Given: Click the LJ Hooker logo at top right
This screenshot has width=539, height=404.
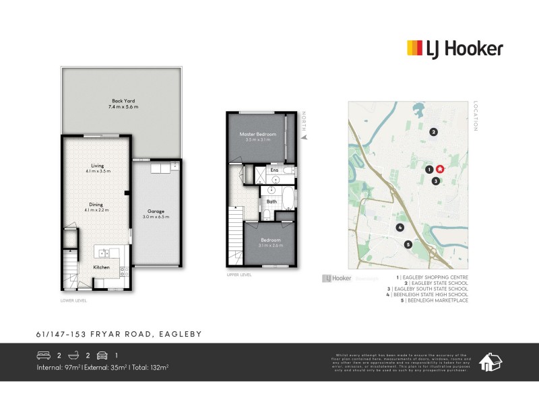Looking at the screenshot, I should click(455, 48).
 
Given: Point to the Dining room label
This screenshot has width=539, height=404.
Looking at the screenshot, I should click(97, 207).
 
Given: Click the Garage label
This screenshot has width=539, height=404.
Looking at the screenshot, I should click(156, 213).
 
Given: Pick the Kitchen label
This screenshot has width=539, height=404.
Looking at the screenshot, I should click(101, 267).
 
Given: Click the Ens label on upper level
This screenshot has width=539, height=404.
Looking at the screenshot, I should click(274, 170).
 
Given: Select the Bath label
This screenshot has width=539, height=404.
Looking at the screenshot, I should click(272, 201).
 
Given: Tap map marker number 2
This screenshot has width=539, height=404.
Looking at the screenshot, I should click(434, 132).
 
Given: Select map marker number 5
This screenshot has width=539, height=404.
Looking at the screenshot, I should click(408, 244).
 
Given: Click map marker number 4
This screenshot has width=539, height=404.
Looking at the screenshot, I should click(400, 228).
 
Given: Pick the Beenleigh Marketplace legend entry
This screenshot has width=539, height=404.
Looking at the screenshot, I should click(435, 300).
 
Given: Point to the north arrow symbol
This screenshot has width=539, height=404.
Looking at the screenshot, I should click(304, 137).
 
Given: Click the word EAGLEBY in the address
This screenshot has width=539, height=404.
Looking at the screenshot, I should click(180, 334).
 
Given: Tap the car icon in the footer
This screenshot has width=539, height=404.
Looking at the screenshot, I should click(102, 355).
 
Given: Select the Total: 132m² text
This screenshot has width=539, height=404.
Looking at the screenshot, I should click(149, 367).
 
